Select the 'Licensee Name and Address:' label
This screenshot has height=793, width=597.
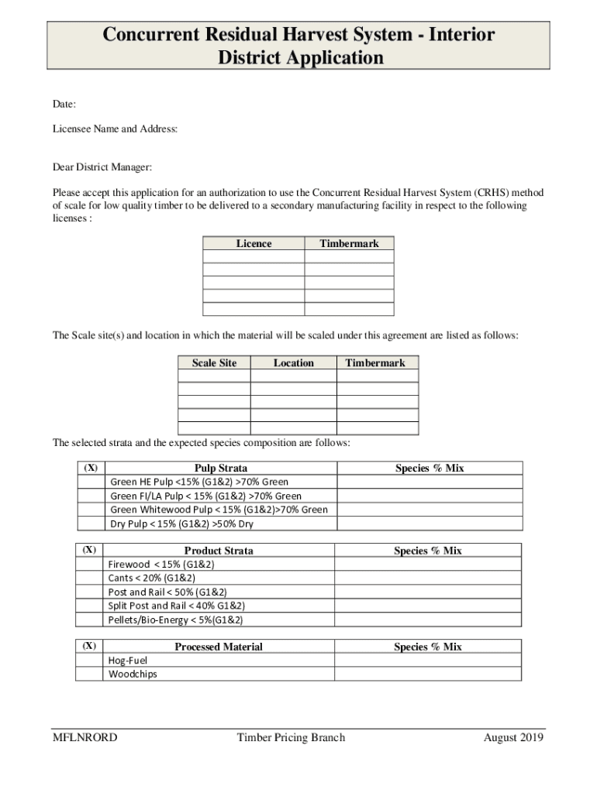click(x=115, y=129)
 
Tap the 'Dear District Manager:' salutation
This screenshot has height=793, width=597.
click(x=102, y=167)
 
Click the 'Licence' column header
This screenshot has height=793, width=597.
click(x=254, y=244)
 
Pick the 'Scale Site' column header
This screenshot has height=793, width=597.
click(x=214, y=362)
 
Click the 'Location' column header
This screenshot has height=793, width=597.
click(x=293, y=362)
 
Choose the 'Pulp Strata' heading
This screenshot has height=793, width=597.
click(x=221, y=468)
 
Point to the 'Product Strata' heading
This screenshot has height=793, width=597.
click(x=219, y=551)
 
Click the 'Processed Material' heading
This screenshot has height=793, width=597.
click(x=219, y=647)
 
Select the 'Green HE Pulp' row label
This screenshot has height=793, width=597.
click(x=199, y=482)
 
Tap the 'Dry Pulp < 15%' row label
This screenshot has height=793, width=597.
click(x=181, y=524)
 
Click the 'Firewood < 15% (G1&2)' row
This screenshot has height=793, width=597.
click(x=161, y=564)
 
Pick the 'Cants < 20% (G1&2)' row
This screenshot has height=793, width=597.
click(x=152, y=578)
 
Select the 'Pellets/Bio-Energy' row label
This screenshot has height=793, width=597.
click(x=176, y=620)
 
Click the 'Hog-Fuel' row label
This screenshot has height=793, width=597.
click(x=128, y=660)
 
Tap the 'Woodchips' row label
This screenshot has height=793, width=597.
click(x=133, y=674)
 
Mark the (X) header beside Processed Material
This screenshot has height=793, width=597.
click(x=90, y=646)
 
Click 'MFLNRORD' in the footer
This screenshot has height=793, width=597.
click(x=85, y=737)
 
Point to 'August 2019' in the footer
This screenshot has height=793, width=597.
click(x=513, y=737)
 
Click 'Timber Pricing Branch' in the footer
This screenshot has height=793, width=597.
click(x=291, y=737)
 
